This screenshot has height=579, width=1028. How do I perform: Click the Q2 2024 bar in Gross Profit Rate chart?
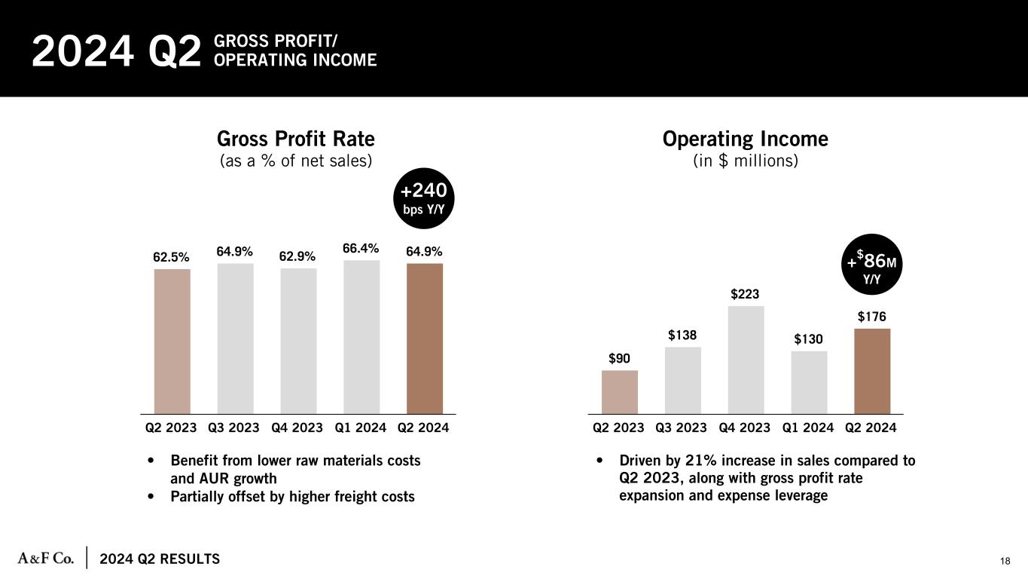425,339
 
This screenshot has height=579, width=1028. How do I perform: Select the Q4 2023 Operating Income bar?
746,360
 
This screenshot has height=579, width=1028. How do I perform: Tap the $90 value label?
620,358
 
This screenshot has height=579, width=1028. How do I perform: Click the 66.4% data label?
361,248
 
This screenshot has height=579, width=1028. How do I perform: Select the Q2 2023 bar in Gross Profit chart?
172,341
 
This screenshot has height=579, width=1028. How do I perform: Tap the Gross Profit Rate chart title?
296,139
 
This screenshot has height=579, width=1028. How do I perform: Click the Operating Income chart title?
745,139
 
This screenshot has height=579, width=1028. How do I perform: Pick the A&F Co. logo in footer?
45,558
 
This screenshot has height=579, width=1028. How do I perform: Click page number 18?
1005,560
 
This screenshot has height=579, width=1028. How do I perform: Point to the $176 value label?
872,317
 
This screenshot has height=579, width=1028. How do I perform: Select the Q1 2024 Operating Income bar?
809,382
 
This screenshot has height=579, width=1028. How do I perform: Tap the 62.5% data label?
172,256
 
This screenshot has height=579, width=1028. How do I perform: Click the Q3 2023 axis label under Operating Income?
682,427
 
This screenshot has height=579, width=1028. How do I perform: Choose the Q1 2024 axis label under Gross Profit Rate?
360,427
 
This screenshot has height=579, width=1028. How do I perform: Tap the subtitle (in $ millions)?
745,161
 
